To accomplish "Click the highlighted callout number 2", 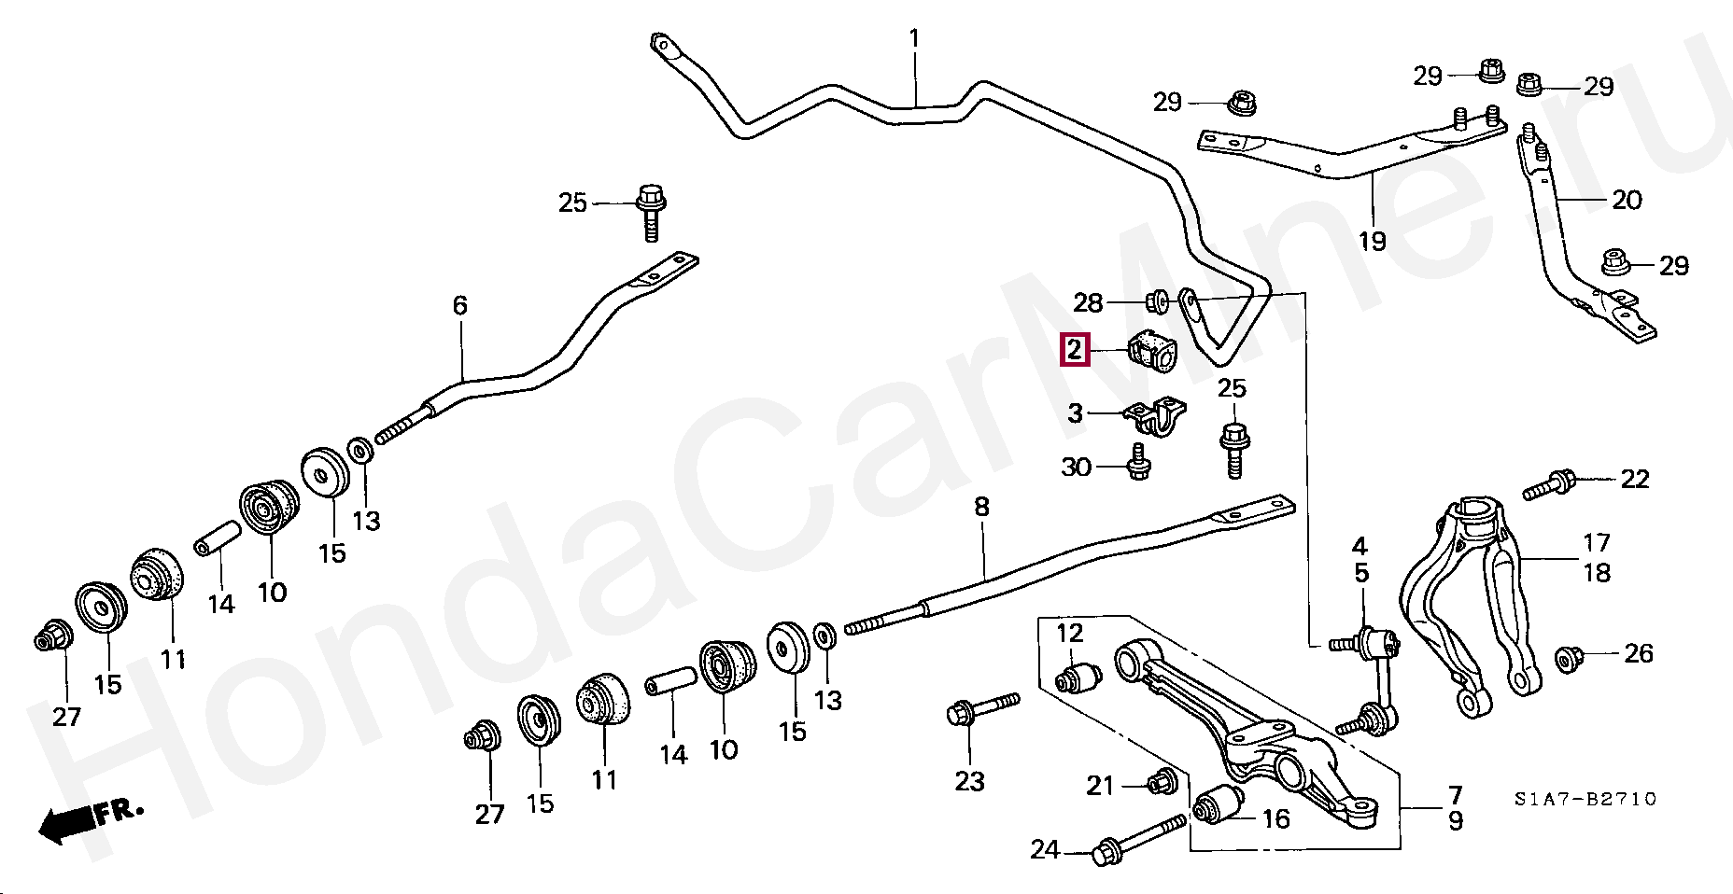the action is click(1075, 350).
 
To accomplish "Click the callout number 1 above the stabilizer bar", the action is click(914, 39).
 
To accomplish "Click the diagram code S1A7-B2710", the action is click(1585, 799).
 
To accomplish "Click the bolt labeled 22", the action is click(1549, 484).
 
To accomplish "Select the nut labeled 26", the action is click(1569, 659).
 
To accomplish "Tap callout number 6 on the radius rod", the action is click(459, 305).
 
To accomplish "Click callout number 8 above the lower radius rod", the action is click(981, 507).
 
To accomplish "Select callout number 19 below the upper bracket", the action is click(1372, 241).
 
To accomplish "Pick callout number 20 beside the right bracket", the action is click(1627, 199).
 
